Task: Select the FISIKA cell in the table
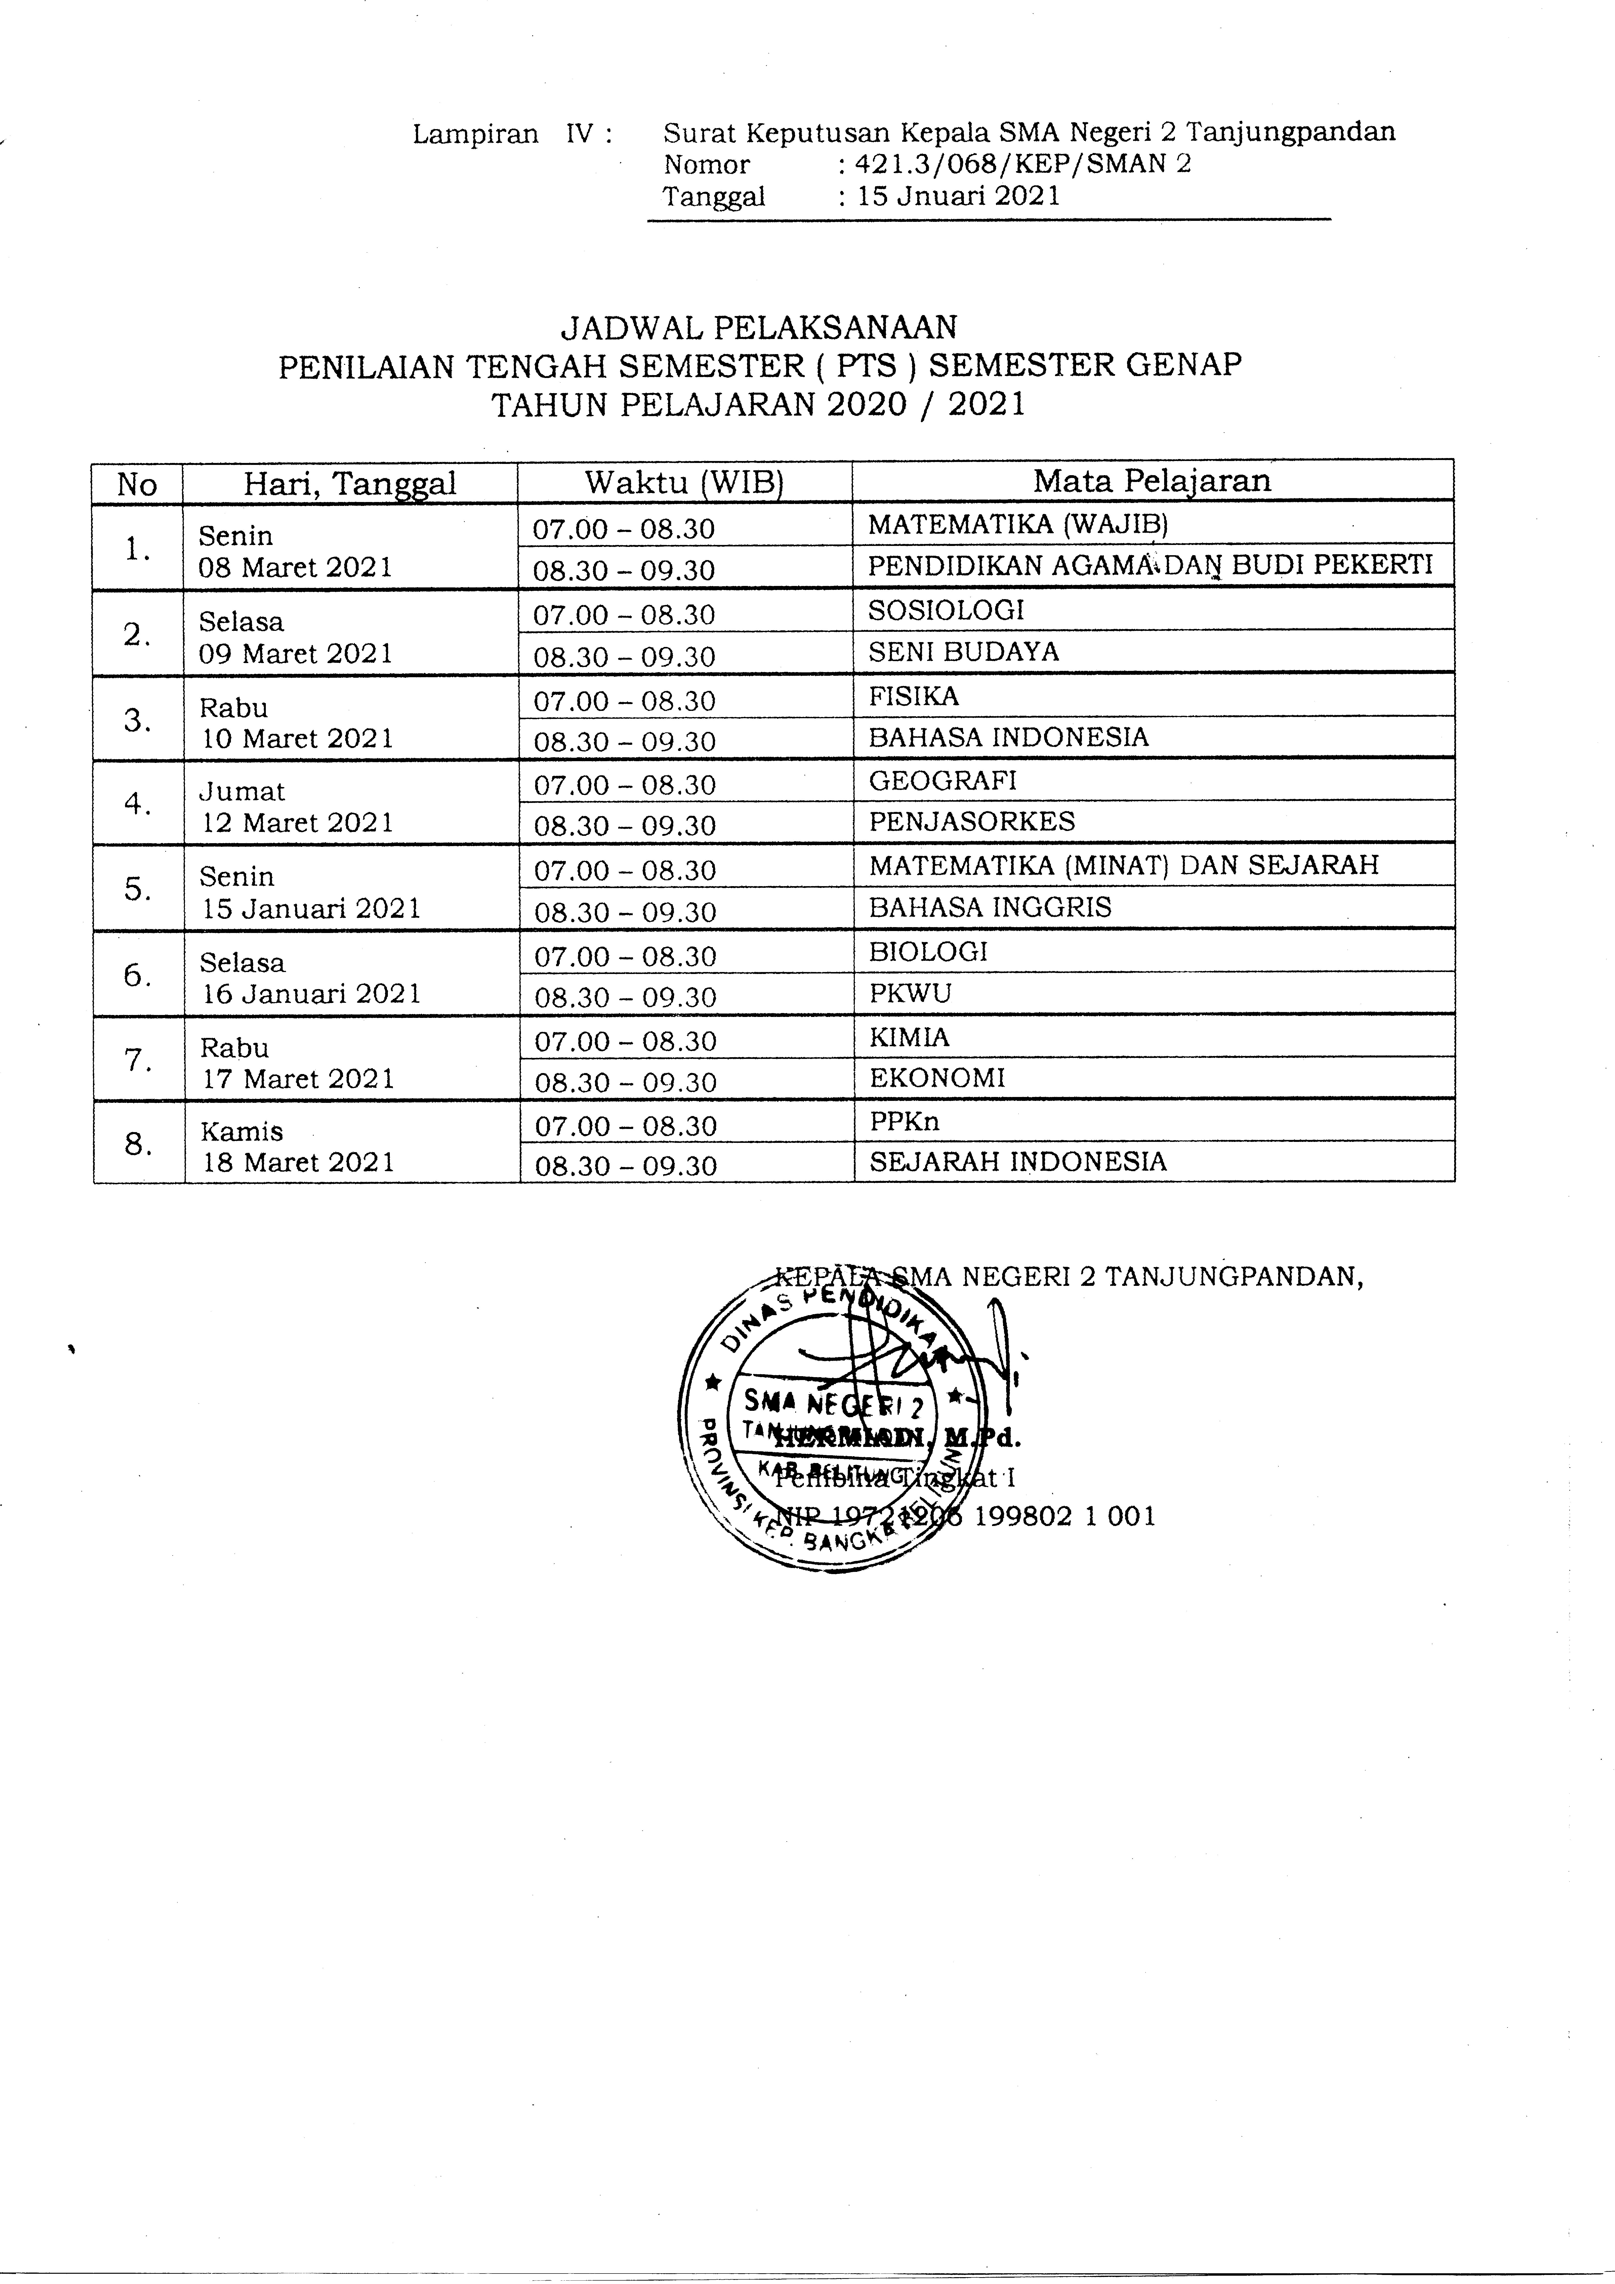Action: [913, 695]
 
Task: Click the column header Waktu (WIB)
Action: [685, 482]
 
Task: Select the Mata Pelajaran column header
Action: [1152, 481]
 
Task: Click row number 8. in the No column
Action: [138, 1144]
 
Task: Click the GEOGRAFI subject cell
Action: [942, 780]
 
